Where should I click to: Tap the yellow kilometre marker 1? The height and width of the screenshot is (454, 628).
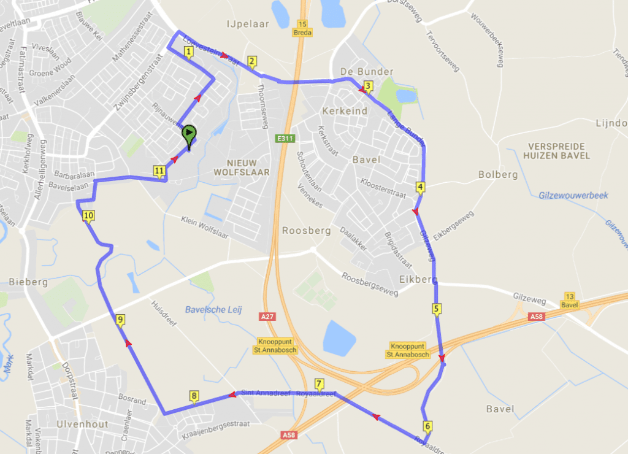188,52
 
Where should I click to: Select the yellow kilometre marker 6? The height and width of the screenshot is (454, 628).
427,426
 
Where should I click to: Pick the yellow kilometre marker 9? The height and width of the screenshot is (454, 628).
120,320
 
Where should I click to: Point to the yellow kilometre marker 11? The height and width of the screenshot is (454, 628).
159,171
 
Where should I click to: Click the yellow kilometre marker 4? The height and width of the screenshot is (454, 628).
420,187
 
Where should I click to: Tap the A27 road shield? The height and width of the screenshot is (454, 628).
266,317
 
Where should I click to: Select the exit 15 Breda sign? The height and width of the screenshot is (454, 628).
302,28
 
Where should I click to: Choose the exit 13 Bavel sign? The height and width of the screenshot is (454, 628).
570,301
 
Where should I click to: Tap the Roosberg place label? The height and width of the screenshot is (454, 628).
306,231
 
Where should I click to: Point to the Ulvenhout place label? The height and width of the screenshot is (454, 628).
82,424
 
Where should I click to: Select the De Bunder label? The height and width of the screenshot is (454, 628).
367,72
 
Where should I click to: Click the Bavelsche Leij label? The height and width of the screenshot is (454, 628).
215,310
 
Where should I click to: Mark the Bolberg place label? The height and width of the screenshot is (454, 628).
498,175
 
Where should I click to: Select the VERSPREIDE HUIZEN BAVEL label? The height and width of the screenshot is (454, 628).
558,151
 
